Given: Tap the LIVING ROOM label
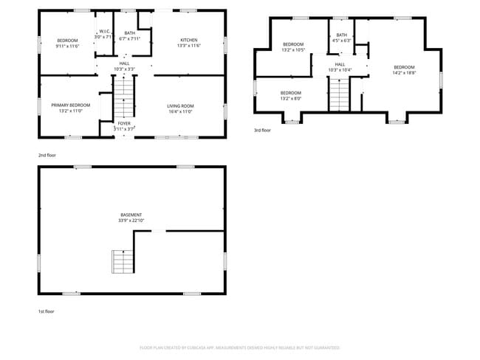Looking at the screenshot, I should [179, 106].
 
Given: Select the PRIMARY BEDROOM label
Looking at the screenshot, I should [71, 105].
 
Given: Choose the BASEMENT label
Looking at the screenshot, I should [131, 215].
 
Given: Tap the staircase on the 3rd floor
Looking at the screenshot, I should [339, 92].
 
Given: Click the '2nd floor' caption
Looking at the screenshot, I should [47, 156].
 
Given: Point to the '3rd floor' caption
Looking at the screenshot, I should [262, 130].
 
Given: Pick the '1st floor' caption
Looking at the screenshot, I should [47, 311].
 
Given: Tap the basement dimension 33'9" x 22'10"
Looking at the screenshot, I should [131, 220].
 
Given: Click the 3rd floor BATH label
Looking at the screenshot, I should [341, 35].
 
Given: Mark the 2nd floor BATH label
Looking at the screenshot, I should [130, 32].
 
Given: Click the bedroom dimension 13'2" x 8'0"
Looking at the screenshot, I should [290, 97].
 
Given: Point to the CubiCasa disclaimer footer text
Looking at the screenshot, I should [240, 347].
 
